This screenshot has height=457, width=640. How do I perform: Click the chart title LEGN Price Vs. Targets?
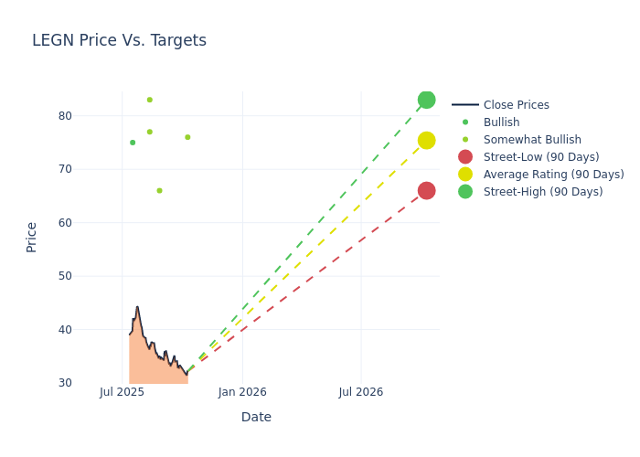pos(119,40)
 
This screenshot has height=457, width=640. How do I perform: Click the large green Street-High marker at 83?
pos(426,100)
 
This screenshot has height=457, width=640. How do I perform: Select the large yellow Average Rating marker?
pos(426,140)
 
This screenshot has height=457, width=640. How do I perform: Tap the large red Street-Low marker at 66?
pos(426,190)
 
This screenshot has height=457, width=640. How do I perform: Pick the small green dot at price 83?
pos(150,100)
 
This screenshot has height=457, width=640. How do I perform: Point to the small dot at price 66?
pos(159,191)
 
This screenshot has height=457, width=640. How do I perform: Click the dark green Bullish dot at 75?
pos(133,143)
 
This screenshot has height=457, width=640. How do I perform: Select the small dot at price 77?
pos(150,132)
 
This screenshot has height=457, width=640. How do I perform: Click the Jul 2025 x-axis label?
pos(122,392)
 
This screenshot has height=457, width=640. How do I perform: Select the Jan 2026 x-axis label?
pos(242,392)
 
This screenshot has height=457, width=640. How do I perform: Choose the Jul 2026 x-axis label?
pos(361,392)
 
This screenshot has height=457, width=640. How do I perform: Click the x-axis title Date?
pos(256,417)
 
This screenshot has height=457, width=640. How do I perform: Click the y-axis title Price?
pos(32,237)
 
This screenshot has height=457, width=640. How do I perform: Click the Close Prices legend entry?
pos(516,105)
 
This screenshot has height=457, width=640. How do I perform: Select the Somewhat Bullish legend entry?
pos(532,140)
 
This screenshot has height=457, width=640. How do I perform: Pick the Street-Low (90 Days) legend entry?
pos(540,157)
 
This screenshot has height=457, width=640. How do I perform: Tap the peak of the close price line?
pos(137,307)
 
